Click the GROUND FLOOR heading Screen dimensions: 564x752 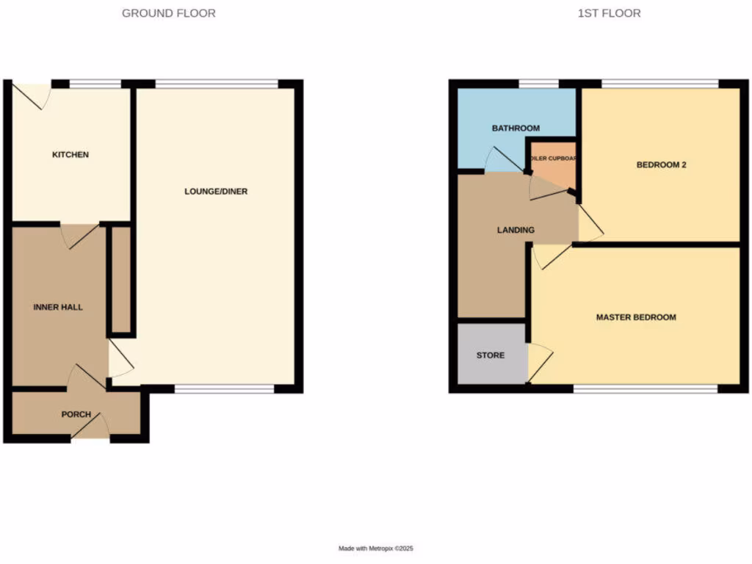click(x=168, y=13)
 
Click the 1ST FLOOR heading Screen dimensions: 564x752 click(x=609, y=13)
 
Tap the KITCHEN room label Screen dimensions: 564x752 click(x=70, y=155)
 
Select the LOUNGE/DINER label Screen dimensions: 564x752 click(x=216, y=192)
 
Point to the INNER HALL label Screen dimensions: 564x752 click(x=58, y=307)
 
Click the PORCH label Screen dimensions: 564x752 click(x=76, y=414)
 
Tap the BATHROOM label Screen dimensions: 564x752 click(x=516, y=129)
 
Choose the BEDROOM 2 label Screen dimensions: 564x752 click(x=661, y=165)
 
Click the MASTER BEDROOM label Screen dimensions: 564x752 click(x=636, y=317)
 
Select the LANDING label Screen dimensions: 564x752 click(x=516, y=230)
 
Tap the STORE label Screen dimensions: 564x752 click(x=491, y=355)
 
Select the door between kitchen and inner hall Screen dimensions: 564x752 click(x=79, y=235)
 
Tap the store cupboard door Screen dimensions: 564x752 click(x=540, y=363)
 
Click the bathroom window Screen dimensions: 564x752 click(x=538, y=84)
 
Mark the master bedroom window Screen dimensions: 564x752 click(x=645, y=388)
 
